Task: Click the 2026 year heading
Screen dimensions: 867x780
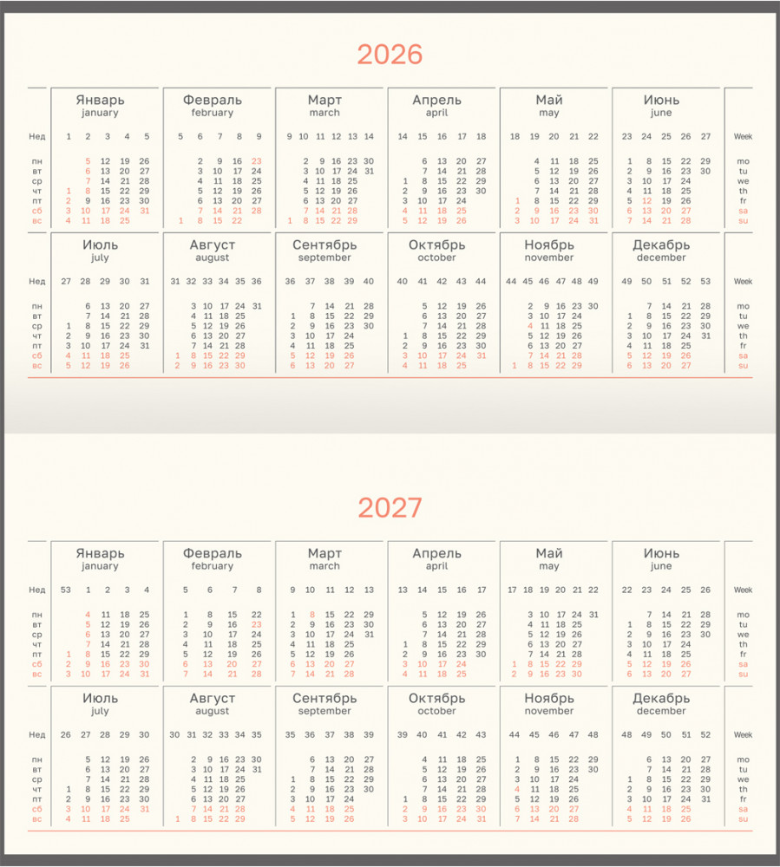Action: [x=390, y=55]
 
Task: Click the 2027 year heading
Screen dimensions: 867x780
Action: [x=390, y=508]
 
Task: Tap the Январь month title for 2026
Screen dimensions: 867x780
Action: [x=100, y=100]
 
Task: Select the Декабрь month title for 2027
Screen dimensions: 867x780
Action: [x=661, y=698]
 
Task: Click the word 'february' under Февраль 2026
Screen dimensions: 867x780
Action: [x=213, y=113]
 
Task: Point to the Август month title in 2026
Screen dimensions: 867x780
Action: [x=213, y=244]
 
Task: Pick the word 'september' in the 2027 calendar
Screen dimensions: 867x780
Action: [x=324, y=711]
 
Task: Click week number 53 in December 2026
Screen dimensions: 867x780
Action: [x=705, y=281]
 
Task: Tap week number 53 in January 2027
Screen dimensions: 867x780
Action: [x=66, y=590]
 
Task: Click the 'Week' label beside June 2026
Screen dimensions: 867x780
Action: [x=743, y=136]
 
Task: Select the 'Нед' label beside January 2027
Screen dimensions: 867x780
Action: [x=36, y=590]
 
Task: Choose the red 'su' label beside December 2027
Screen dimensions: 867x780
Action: [x=743, y=818]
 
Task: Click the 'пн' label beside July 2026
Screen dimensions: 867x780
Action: [x=37, y=306]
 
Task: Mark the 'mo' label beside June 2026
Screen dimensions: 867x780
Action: [x=743, y=161]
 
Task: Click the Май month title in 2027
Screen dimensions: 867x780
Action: [x=548, y=553]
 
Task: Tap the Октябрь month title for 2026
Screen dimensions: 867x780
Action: [x=436, y=244]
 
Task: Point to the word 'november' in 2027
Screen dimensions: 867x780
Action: [x=548, y=711]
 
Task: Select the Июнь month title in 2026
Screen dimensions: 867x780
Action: [x=661, y=100]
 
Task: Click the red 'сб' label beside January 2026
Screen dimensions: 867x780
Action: [x=37, y=211]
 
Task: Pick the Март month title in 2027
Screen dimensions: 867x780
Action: [x=324, y=553]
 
